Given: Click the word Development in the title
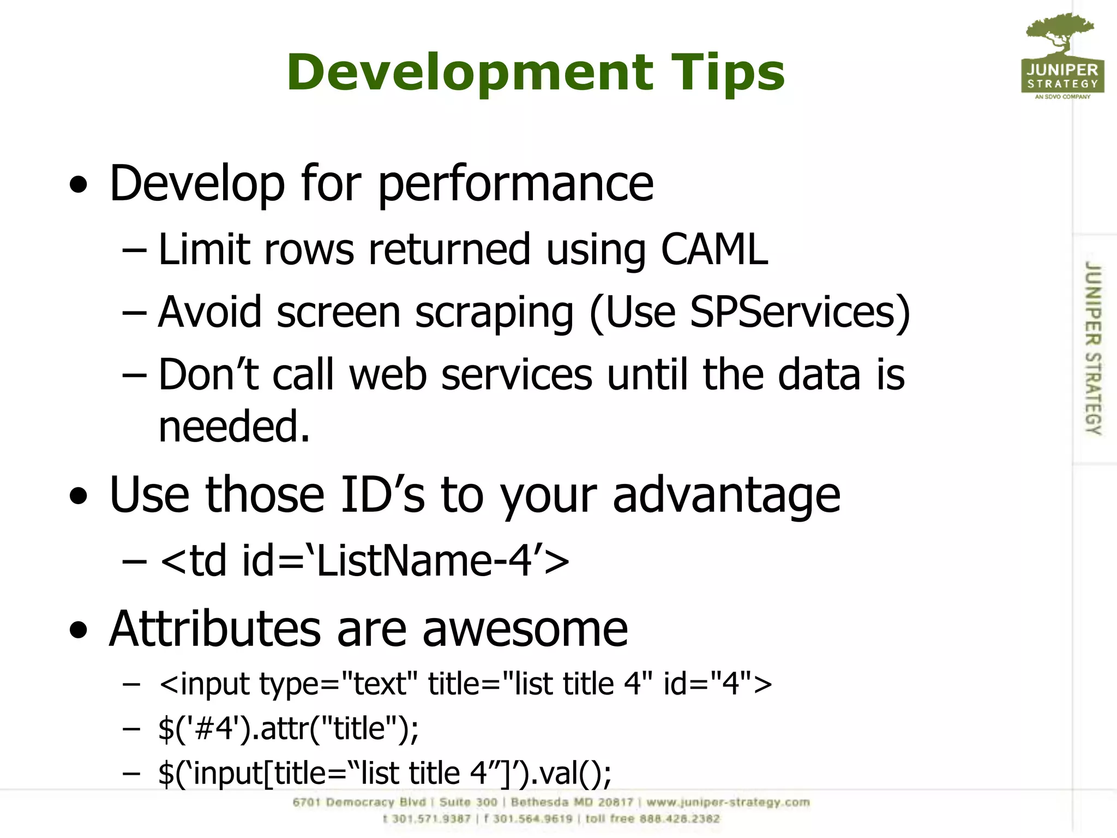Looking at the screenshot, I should [x=469, y=73].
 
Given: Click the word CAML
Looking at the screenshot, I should [x=714, y=249].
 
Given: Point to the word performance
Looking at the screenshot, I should [x=515, y=184].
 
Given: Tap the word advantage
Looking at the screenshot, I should [x=726, y=495].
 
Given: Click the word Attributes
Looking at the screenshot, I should [x=215, y=629].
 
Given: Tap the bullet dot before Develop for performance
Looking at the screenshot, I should [x=79, y=185].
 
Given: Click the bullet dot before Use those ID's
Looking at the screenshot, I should [x=79, y=497].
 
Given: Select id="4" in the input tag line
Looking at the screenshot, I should [x=707, y=684].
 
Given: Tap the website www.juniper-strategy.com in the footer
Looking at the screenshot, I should [x=728, y=802].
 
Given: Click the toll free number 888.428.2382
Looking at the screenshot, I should [x=680, y=819].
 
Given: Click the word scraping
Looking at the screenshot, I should [x=494, y=312].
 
